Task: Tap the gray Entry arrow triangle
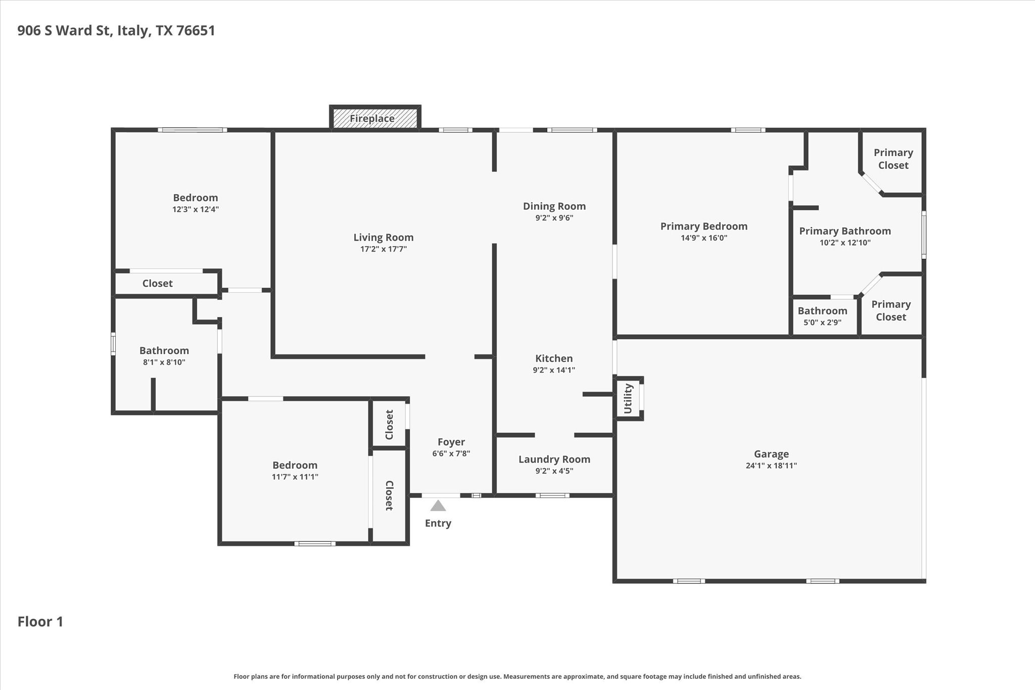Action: coord(438,505)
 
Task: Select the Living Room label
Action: coord(384,237)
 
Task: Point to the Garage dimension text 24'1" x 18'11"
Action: coord(771,466)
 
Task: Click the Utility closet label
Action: coord(628,398)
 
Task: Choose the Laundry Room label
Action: coord(554,459)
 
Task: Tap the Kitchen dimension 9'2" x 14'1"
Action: coord(554,370)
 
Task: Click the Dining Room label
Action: coord(554,206)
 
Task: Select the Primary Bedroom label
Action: coord(704,226)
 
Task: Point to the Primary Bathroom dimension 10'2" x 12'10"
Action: coord(845,243)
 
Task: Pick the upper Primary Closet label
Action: coord(893,159)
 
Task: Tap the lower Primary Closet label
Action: coord(891,310)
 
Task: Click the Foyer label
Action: coord(451,442)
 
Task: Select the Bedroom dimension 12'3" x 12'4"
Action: coord(196,209)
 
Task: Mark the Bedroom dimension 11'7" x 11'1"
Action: coord(295,477)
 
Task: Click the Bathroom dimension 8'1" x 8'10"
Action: coord(164,362)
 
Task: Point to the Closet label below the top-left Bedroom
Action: coord(158,284)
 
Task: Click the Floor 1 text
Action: coord(40,621)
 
